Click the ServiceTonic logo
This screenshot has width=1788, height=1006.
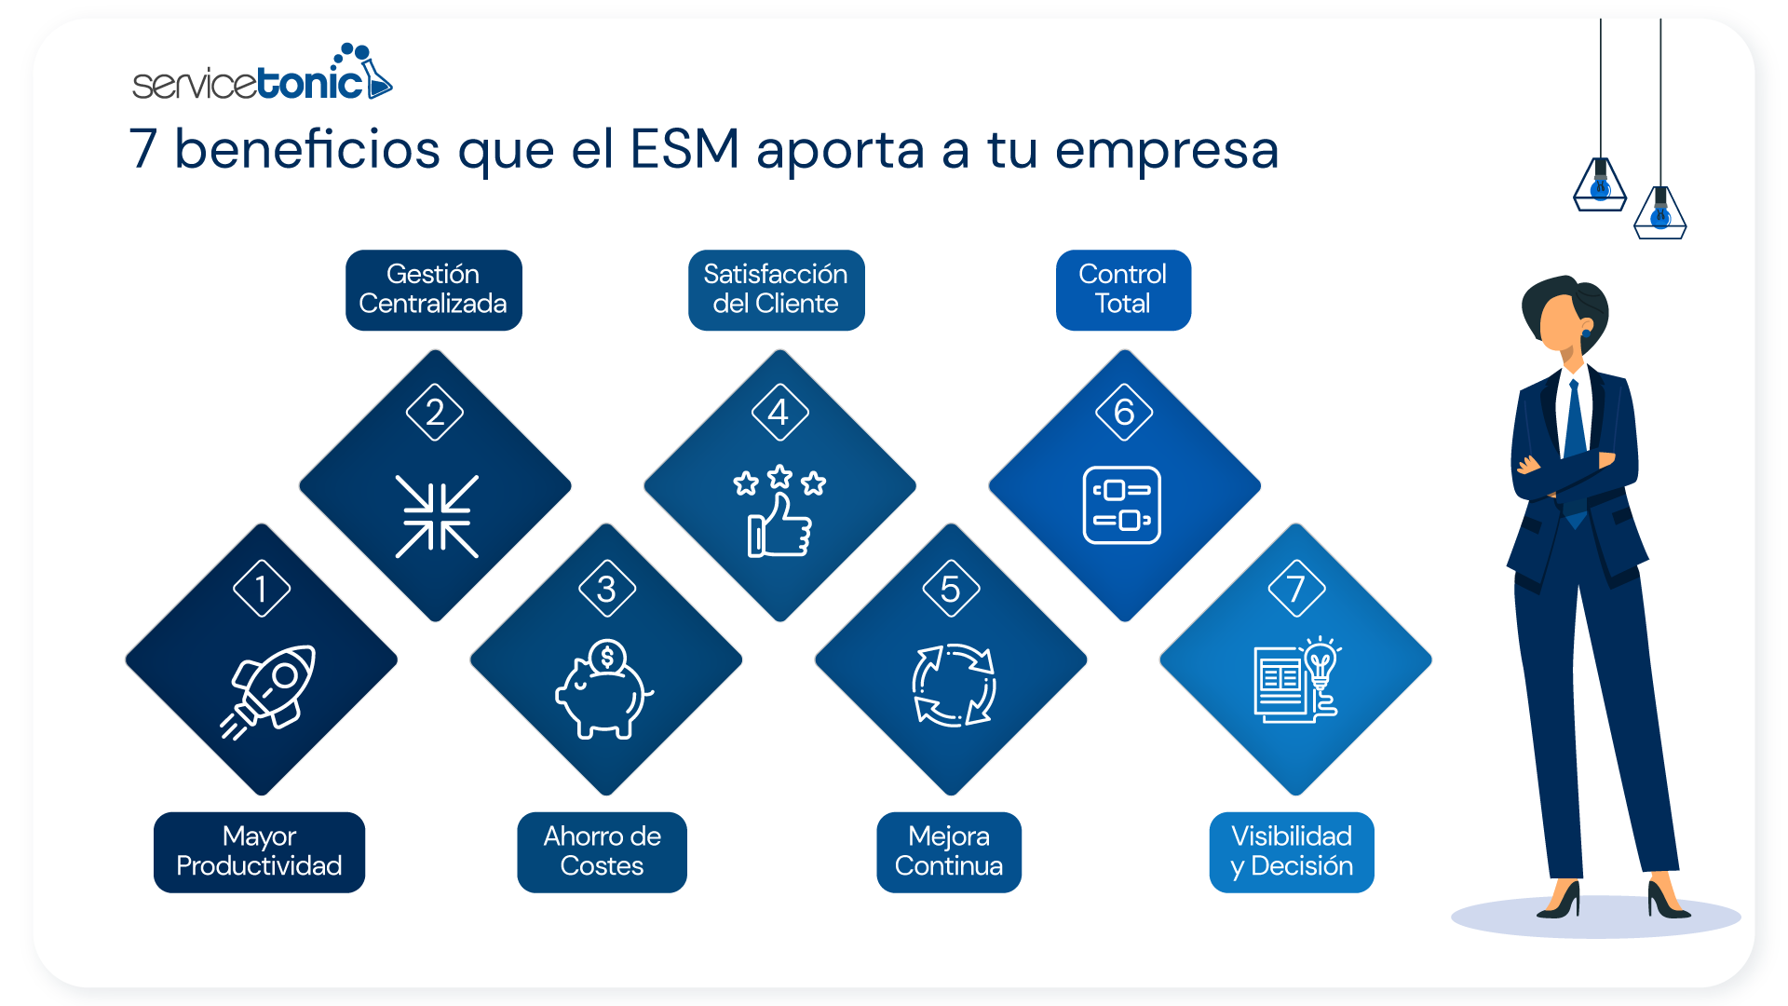tap(262, 75)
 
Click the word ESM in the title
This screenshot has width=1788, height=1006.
tap(684, 149)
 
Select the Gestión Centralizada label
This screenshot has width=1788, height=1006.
tap(433, 290)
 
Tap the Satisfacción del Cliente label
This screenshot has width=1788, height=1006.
tap(776, 290)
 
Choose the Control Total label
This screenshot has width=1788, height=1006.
tap(1123, 290)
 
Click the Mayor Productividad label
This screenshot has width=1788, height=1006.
tap(259, 851)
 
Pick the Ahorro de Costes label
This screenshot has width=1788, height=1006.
tap(602, 851)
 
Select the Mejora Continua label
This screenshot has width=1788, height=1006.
tap(949, 851)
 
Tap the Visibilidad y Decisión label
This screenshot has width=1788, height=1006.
tap(1292, 851)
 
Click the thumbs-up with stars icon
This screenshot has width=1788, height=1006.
tap(779, 511)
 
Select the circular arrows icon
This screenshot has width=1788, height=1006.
tap(954, 686)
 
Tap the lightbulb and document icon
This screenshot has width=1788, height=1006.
tap(1296, 680)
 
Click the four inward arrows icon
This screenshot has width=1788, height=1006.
tap(437, 516)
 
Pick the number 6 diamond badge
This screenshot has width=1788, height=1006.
tap(1124, 412)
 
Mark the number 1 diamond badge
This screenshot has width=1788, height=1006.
tap(262, 588)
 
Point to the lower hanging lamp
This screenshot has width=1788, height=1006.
tap(1660, 212)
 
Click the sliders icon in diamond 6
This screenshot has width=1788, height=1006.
tap(1122, 505)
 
